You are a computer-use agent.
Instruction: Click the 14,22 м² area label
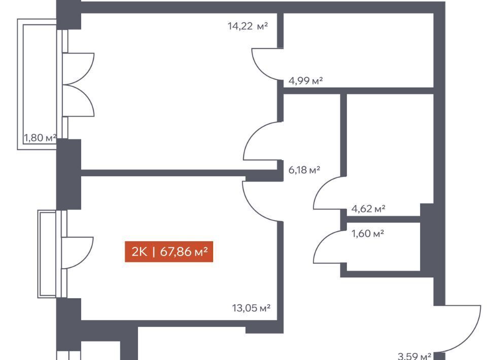click(248, 26)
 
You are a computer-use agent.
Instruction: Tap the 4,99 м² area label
click(306, 80)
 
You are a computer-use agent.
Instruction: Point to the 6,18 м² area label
click(304, 170)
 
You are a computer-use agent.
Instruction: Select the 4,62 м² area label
click(368, 208)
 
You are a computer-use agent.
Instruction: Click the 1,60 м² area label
click(367, 233)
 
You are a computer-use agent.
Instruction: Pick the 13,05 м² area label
click(251, 307)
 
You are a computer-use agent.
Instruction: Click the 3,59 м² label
click(414, 356)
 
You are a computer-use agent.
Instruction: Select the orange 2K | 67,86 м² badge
click(169, 251)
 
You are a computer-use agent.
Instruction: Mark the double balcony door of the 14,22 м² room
click(79, 84)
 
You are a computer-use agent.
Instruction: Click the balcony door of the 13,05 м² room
click(77, 253)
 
